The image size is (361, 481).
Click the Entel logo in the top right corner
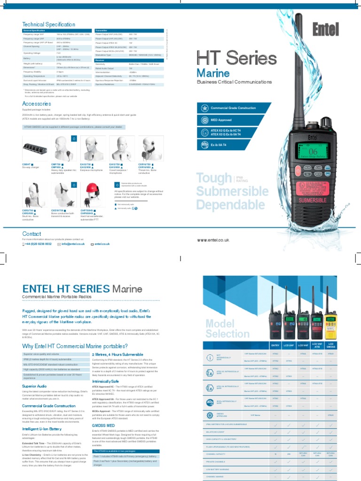pos(326,30)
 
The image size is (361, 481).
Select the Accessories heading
pos(37,104)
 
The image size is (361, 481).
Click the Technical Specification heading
pos(48,24)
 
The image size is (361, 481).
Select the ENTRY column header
pos(275,345)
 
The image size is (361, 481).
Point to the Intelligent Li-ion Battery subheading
pos(42,428)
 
